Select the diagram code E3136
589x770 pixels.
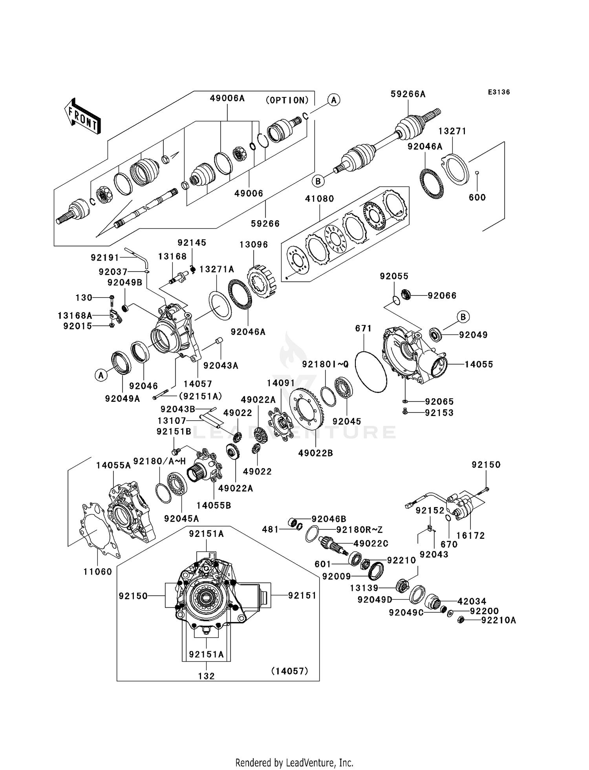pos(499,92)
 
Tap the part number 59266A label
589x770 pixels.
pos(408,94)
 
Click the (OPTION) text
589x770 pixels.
pos(287,100)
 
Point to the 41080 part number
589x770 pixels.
pos(320,199)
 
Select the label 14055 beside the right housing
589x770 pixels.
pos(479,364)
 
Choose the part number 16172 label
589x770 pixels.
pos(470,535)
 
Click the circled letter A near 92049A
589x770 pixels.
pos(101,376)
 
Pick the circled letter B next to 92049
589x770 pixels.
pos(463,317)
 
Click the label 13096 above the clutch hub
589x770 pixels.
pos(254,245)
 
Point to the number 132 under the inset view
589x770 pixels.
pos(206,676)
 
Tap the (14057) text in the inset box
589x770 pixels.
pos(289,671)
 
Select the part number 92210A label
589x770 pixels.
pos(499,620)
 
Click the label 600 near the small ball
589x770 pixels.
pos(477,197)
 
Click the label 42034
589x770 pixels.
pos(472,601)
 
